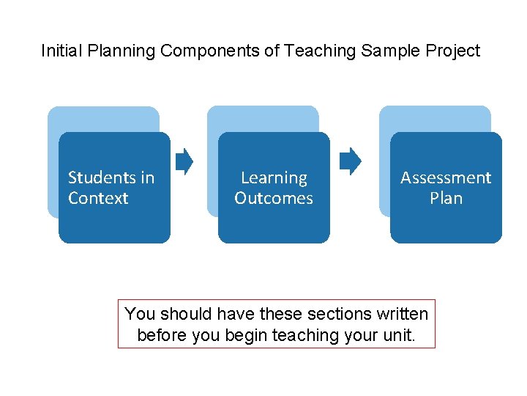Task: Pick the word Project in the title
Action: point(453,51)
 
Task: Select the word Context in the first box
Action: point(98,198)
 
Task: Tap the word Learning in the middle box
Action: point(274,177)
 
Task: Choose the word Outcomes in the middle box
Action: point(274,198)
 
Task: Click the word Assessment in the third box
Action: point(446,177)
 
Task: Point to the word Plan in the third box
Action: point(446,198)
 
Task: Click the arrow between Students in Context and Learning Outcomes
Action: point(185,161)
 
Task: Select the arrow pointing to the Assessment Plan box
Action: point(351,161)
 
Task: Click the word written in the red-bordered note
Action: point(401,314)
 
